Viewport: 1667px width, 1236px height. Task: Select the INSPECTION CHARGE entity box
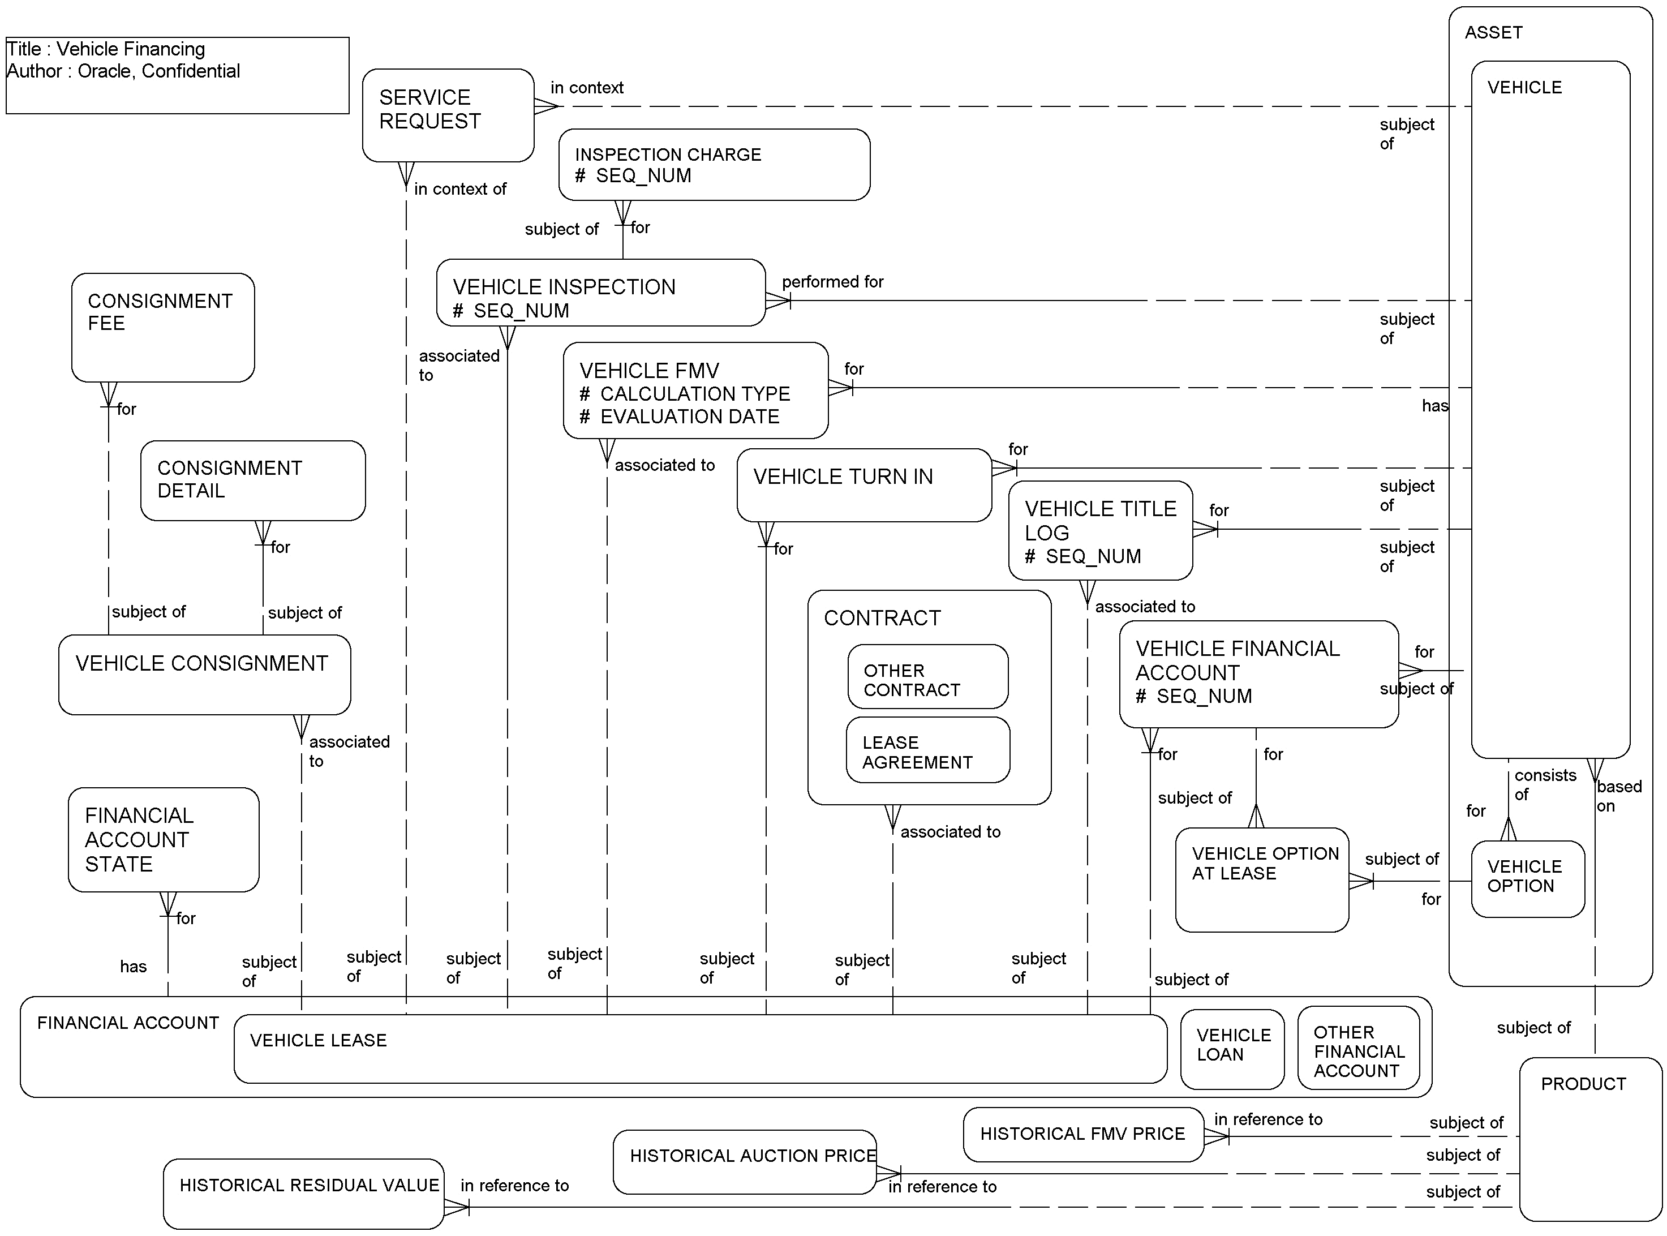click(x=714, y=165)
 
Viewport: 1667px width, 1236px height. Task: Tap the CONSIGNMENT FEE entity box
click(x=162, y=327)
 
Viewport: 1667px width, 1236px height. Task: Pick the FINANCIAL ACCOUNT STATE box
click(x=162, y=839)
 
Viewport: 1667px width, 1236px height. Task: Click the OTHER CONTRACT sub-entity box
click(x=927, y=677)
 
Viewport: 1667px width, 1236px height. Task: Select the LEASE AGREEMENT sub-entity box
click(x=927, y=750)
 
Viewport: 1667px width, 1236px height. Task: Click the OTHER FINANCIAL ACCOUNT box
click(x=1357, y=1048)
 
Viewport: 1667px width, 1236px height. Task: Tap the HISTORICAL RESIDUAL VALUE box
click(x=303, y=1194)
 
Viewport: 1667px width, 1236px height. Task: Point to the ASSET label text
click(x=1493, y=33)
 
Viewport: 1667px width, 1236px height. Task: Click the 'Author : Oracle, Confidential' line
click(x=123, y=71)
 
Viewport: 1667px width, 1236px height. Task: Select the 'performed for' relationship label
click(x=832, y=282)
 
